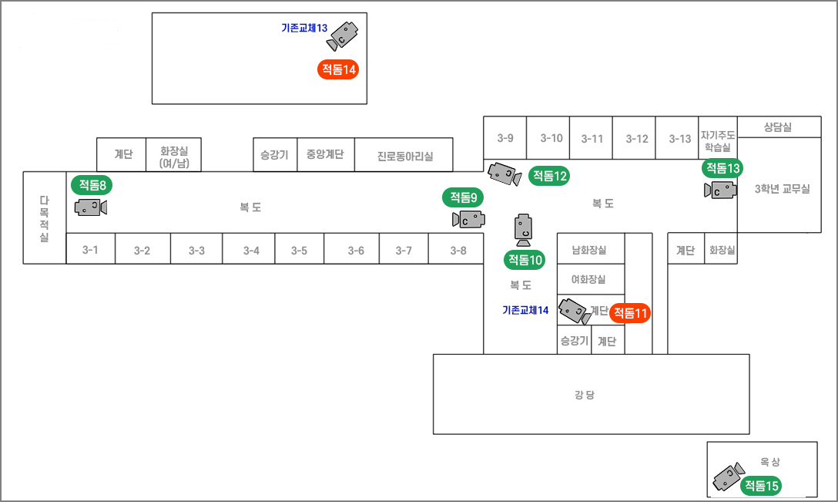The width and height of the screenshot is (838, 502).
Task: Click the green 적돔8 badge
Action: click(x=92, y=184)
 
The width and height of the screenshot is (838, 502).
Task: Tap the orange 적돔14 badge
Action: click(x=339, y=69)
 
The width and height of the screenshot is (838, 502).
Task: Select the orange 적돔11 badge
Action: click(x=630, y=313)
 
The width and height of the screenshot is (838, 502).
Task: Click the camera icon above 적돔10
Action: click(x=524, y=227)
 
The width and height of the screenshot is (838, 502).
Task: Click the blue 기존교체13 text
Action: click(x=304, y=28)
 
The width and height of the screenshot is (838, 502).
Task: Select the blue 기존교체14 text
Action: click(x=525, y=310)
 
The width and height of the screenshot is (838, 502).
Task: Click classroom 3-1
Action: click(x=91, y=250)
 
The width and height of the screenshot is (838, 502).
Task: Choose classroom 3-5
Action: click(x=299, y=250)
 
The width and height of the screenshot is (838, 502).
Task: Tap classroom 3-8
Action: click(x=458, y=250)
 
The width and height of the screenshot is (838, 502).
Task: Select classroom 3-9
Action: click(x=505, y=138)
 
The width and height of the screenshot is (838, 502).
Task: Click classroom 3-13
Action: click(x=680, y=139)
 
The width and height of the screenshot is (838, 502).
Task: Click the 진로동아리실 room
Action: click(x=404, y=156)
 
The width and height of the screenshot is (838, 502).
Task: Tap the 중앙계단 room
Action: click(x=325, y=154)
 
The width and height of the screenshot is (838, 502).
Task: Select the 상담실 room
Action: click(x=778, y=127)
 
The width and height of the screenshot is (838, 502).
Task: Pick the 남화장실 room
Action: click(x=589, y=250)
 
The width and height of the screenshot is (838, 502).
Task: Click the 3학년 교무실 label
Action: click(x=782, y=189)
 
